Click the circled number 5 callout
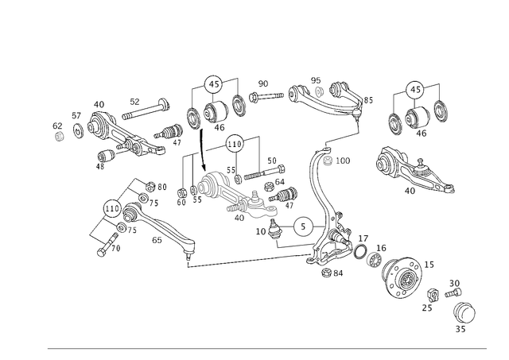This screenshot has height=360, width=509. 303,226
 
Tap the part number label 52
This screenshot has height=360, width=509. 134,102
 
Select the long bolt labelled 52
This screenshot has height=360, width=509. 146,110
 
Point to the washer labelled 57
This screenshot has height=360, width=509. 78,130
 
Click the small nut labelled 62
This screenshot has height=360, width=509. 59,137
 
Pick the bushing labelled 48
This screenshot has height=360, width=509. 107,155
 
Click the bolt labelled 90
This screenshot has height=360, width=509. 266,96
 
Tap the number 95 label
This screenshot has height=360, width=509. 316,80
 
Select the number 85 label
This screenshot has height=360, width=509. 368,100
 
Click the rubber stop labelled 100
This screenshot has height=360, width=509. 328,161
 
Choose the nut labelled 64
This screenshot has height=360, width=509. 269,187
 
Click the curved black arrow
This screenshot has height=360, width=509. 202,150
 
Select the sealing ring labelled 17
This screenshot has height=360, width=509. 360,252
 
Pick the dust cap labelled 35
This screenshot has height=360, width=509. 464,312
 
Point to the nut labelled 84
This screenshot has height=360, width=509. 326,273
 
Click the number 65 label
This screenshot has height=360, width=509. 157,240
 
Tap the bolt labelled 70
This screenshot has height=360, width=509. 107,245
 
